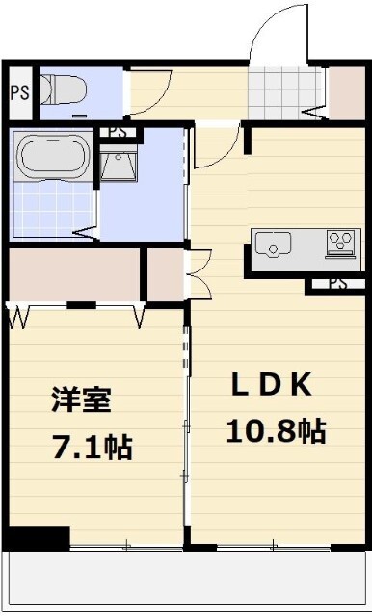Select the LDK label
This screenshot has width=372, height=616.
pos(269,384)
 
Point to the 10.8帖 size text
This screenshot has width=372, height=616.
pos(275,431)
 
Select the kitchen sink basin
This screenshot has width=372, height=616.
pos(278,246)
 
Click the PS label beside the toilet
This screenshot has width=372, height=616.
pos(18,92)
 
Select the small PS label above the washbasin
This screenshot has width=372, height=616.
pos(118,132)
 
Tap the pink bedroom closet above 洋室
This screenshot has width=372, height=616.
pos(73,274)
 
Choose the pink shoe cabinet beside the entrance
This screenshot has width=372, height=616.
pos(343,90)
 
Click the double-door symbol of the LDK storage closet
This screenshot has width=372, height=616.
pos(199,273)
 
